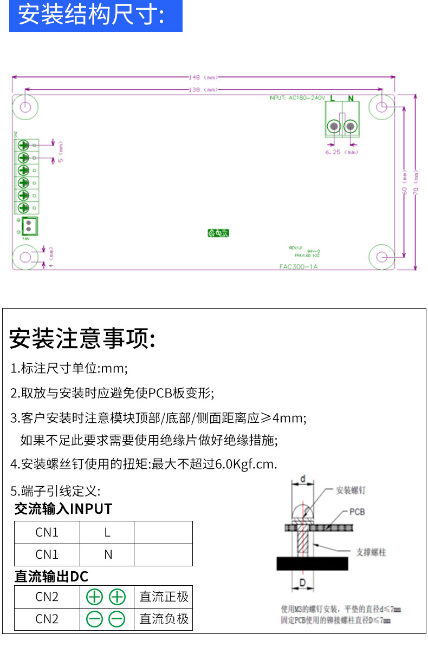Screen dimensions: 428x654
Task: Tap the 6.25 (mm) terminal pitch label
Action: point(342,153)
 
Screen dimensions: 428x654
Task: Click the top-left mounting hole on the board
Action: point(25,106)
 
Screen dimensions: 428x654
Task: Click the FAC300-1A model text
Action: point(298,266)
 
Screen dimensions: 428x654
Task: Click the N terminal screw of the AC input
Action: point(351,127)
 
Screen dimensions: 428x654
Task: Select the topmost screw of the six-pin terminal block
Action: point(24,145)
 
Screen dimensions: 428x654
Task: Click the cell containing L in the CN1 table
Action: point(107,532)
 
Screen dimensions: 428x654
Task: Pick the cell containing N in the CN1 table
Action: point(107,554)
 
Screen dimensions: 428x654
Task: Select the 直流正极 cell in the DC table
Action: point(164,597)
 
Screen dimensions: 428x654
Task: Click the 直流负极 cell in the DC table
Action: point(164,619)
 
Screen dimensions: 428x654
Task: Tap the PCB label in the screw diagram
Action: point(357,512)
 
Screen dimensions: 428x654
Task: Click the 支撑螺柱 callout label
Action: point(371,552)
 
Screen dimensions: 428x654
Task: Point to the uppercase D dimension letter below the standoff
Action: point(304,583)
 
